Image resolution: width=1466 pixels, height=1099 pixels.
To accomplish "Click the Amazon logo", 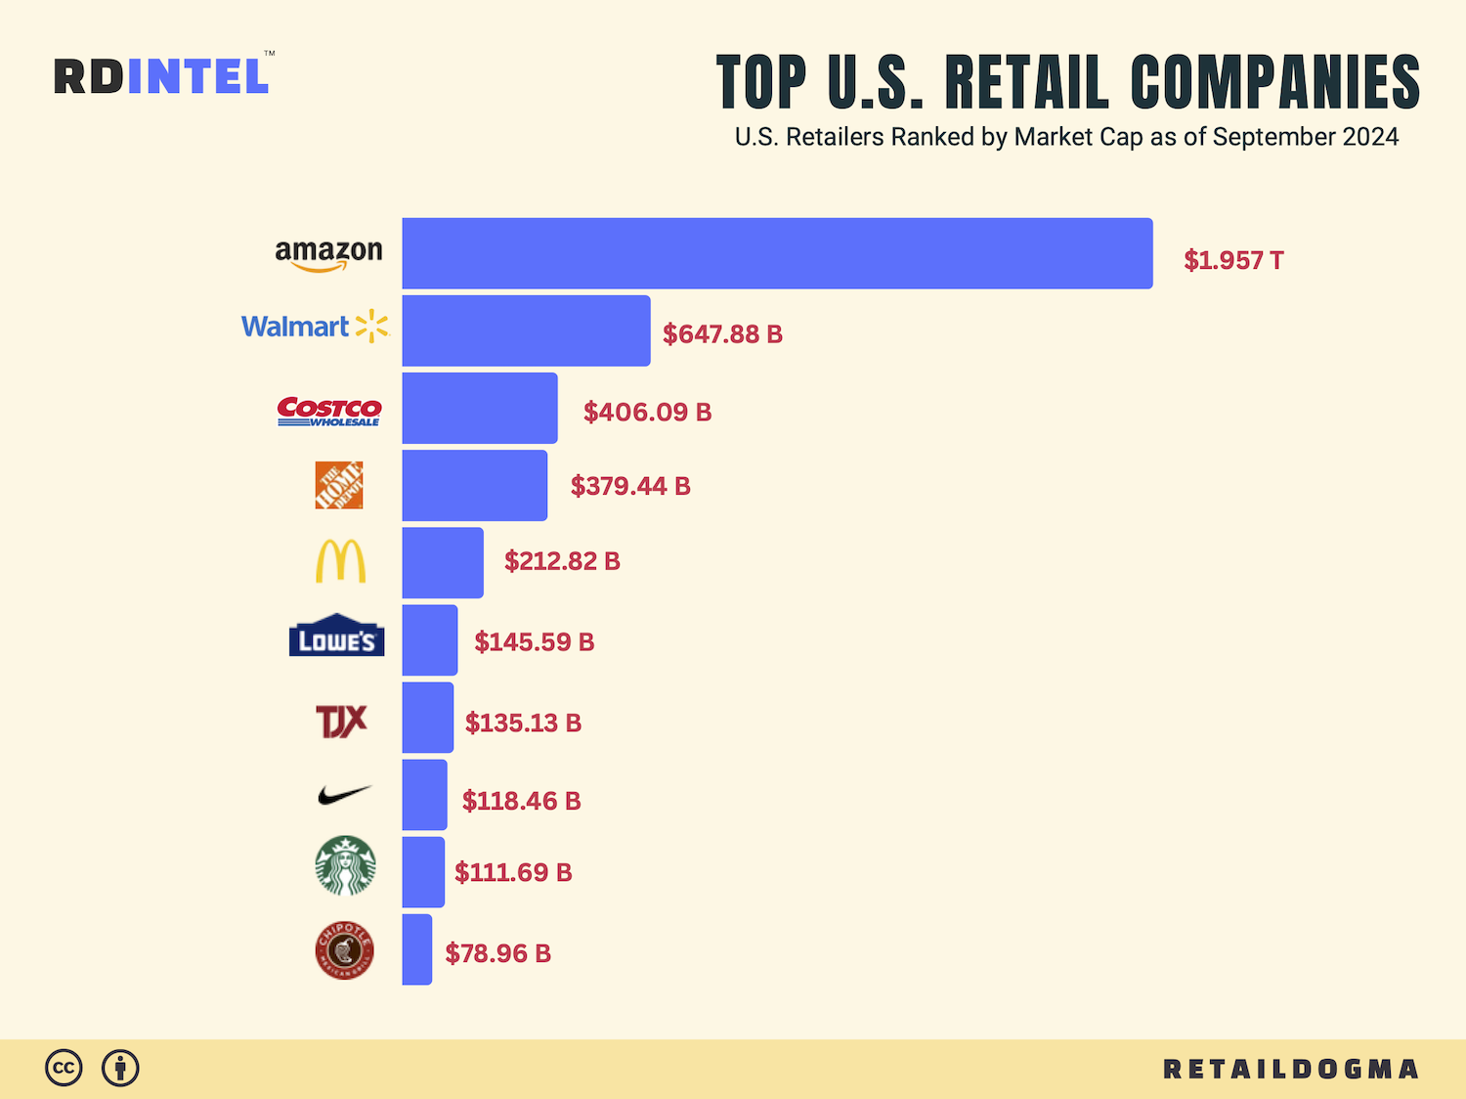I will pyautogui.click(x=328, y=254).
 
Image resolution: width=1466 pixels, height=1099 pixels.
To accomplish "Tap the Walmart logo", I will pyautogui.click(x=315, y=327).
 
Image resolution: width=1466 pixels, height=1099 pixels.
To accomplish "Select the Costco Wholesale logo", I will pyautogui.click(x=329, y=412).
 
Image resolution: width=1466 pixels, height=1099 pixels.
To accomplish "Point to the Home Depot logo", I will pyautogui.click(x=339, y=485).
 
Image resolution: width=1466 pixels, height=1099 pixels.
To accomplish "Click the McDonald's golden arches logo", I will pyautogui.click(x=340, y=561).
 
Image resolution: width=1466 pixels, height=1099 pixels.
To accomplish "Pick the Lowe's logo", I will pyautogui.click(x=336, y=636).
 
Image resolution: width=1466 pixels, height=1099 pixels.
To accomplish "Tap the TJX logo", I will pyautogui.click(x=341, y=722).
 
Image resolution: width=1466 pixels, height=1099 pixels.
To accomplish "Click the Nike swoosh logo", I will pyautogui.click(x=344, y=795).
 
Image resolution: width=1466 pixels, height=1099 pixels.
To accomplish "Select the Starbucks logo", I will pyautogui.click(x=345, y=866).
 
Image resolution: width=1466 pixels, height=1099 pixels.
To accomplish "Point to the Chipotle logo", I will pyautogui.click(x=345, y=950).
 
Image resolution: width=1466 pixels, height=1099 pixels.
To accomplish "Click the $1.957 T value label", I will pyautogui.click(x=1233, y=260).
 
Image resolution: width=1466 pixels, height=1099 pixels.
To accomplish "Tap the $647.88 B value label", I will pyautogui.click(x=722, y=334).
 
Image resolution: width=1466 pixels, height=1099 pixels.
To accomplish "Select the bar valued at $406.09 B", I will pyautogui.click(x=479, y=408).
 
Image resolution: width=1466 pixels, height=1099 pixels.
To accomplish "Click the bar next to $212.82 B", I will pyautogui.click(x=442, y=562).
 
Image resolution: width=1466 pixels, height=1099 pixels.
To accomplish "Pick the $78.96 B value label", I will pyautogui.click(x=497, y=953).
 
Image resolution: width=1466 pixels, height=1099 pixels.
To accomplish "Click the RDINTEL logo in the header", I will pyautogui.click(x=162, y=76).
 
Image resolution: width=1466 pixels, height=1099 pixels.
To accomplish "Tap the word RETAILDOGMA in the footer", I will pyautogui.click(x=1290, y=1069).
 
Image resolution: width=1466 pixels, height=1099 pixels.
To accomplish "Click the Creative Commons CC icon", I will pyautogui.click(x=64, y=1068).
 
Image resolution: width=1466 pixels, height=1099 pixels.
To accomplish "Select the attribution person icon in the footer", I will pyautogui.click(x=120, y=1068).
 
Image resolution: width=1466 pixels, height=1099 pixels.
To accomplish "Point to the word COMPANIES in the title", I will pyautogui.click(x=1274, y=82).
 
